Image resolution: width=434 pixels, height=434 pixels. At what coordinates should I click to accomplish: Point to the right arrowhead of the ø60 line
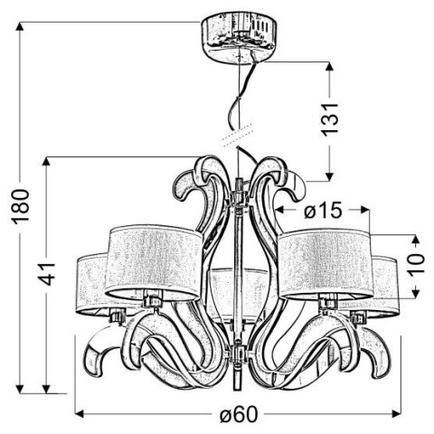pyautogui.click(x=396, y=415)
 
